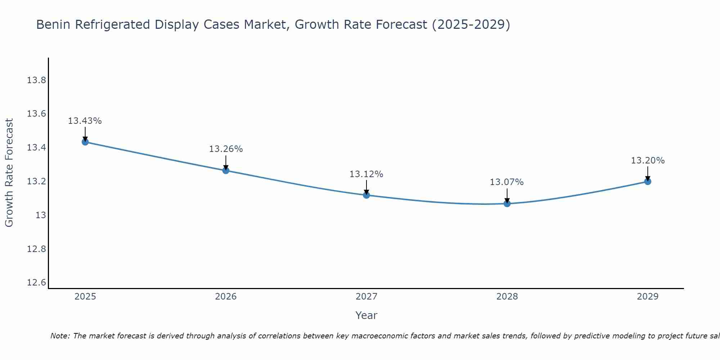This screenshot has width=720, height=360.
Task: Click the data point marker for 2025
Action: (x=85, y=142)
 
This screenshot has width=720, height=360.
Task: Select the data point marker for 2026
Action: (x=226, y=170)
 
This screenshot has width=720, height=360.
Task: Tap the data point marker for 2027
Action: (x=366, y=195)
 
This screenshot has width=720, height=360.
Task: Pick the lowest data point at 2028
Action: (x=507, y=203)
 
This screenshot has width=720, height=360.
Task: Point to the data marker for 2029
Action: (x=648, y=181)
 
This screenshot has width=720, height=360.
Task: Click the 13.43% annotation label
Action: (x=85, y=121)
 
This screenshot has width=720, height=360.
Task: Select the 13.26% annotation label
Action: (x=226, y=149)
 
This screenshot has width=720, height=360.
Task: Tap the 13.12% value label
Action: (x=366, y=174)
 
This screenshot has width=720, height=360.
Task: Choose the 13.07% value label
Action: (x=507, y=182)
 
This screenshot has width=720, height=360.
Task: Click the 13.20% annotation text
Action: (x=648, y=161)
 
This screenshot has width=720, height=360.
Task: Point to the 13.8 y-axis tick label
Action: (x=37, y=80)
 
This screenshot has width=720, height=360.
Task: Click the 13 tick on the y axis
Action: (x=41, y=215)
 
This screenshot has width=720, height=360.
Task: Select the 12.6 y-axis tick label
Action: (x=37, y=283)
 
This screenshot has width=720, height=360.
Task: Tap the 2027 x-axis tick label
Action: (x=366, y=297)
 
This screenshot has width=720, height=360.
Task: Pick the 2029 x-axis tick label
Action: (x=648, y=297)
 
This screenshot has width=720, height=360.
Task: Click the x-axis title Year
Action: (x=366, y=315)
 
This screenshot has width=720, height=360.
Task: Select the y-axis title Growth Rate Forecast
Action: (x=9, y=173)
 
